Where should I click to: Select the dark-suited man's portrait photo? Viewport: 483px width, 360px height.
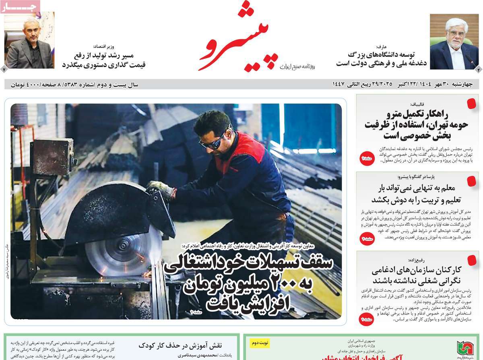coord(29,42)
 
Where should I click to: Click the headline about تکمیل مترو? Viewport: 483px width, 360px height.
coord(416,124)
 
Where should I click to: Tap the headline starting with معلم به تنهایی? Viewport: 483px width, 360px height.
coord(416,194)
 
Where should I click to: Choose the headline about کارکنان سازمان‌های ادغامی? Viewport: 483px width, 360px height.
coord(416,275)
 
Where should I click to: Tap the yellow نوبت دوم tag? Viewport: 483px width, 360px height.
coord(260,343)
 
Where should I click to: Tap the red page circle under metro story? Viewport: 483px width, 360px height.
coord(367,159)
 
